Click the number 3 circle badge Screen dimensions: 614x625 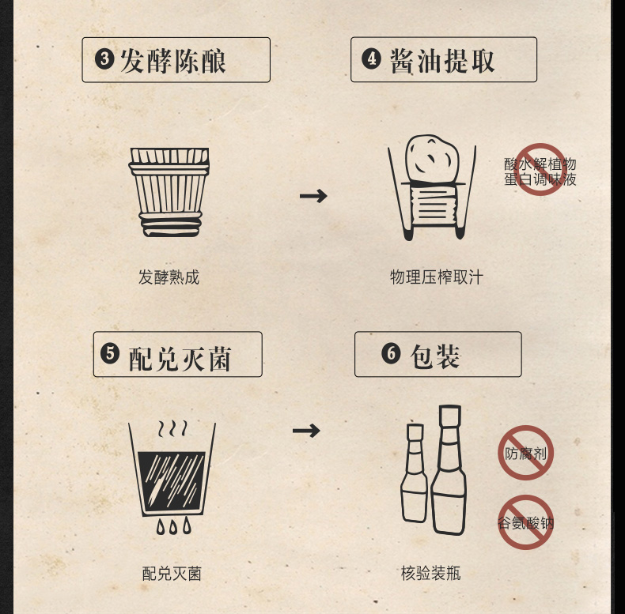(x=104, y=59)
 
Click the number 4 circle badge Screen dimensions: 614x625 (x=371, y=59)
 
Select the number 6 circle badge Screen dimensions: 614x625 (x=391, y=353)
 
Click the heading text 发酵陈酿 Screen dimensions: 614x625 (x=173, y=61)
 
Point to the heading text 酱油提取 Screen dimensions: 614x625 (x=442, y=61)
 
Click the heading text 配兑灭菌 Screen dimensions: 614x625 (x=180, y=358)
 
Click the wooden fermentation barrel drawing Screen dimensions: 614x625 (x=169, y=192)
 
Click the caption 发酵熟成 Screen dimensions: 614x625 (x=169, y=277)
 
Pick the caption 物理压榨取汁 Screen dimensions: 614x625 (x=436, y=277)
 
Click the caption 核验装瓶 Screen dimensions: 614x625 (x=430, y=574)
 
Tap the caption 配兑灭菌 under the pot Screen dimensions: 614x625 (x=172, y=574)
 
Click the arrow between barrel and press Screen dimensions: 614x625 (x=313, y=196)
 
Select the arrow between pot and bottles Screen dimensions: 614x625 (x=306, y=431)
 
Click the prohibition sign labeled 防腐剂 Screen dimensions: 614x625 (x=525, y=453)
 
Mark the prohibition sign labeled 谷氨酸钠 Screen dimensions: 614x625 (x=525, y=522)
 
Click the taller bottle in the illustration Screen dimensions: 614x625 (x=449, y=471)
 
